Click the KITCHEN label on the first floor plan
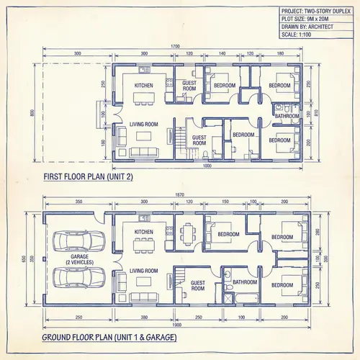[144, 86]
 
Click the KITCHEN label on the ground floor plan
[144, 232]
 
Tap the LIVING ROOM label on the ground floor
[143, 271]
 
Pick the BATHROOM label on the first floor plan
[287, 115]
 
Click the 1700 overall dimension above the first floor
[175, 47]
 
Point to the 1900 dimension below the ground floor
[176, 325]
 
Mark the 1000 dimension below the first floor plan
[207, 166]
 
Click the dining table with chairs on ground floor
[189, 233]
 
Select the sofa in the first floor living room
[140, 151]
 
